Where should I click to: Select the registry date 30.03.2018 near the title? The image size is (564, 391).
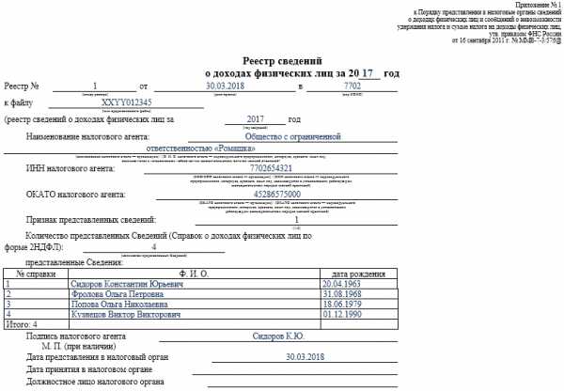224,86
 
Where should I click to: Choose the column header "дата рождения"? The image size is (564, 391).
354,273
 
